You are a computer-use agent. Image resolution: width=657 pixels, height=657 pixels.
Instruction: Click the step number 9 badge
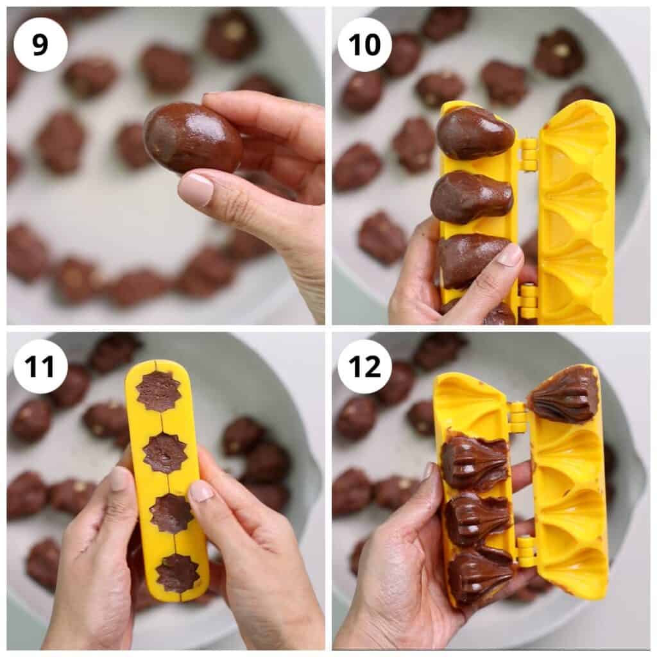click(40, 44)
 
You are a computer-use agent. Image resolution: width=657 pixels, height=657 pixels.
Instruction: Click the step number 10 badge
click(364, 44)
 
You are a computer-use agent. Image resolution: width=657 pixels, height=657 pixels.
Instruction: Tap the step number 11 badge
click(40, 366)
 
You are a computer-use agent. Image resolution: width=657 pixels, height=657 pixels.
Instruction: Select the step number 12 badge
click(364, 366)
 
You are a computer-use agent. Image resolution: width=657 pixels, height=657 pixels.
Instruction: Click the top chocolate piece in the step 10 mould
click(475, 133)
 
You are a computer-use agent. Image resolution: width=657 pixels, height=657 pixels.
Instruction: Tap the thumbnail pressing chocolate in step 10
click(510, 255)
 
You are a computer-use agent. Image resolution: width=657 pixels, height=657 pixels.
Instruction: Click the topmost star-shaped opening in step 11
click(158, 391)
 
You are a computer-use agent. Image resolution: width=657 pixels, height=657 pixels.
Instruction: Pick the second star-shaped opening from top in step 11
click(164, 454)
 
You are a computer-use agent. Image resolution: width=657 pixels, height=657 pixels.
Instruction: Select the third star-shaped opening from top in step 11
click(171, 513)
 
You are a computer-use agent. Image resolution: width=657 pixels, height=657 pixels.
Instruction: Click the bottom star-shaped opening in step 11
click(176, 572)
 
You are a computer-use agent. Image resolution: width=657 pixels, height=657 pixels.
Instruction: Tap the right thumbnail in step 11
click(201, 491)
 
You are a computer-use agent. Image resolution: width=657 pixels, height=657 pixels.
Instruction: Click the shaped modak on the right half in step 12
click(563, 394)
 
